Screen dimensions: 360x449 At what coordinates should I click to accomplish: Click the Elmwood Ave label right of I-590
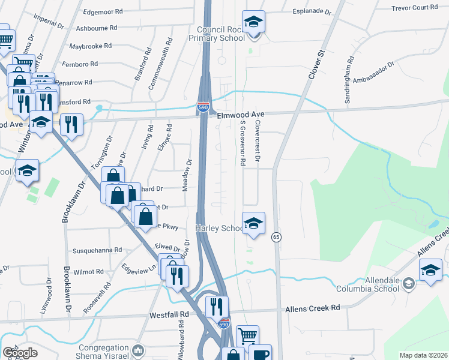(x=241, y=114)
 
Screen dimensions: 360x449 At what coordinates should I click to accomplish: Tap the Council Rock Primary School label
(x=221, y=34)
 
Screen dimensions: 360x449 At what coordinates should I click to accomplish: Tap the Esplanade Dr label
(x=312, y=11)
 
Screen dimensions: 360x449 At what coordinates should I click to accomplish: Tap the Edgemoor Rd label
(x=103, y=11)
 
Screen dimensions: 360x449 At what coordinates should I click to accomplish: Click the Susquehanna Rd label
(x=97, y=250)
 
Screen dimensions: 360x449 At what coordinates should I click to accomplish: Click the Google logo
(x=20, y=353)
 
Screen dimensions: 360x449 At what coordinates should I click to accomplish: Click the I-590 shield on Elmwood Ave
(x=203, y=107)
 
